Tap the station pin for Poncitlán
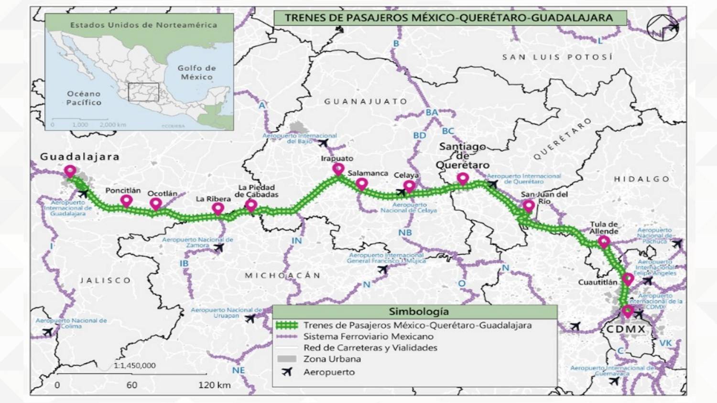[x=126, y=201]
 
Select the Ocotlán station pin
[x=155, y=204]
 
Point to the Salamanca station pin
[x=362, y=184]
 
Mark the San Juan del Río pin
[x=528, y=206]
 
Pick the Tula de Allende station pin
[x=604, y=242]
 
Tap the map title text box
[x=449, y=18]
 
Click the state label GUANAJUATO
[x=366, y=101]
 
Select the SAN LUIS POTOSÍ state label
[x=557, y=57]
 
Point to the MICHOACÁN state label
[x=282, y=276]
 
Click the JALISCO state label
[x=105, y=280]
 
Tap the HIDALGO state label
[x=641, y=179]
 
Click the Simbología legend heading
[x=419, y=312]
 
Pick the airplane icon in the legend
[x=287, y=371]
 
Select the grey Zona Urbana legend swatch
[x=287, y=359]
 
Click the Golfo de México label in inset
[x=196, y=73]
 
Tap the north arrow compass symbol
[x=663, y=28]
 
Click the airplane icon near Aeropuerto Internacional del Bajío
[x=324, y=143]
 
